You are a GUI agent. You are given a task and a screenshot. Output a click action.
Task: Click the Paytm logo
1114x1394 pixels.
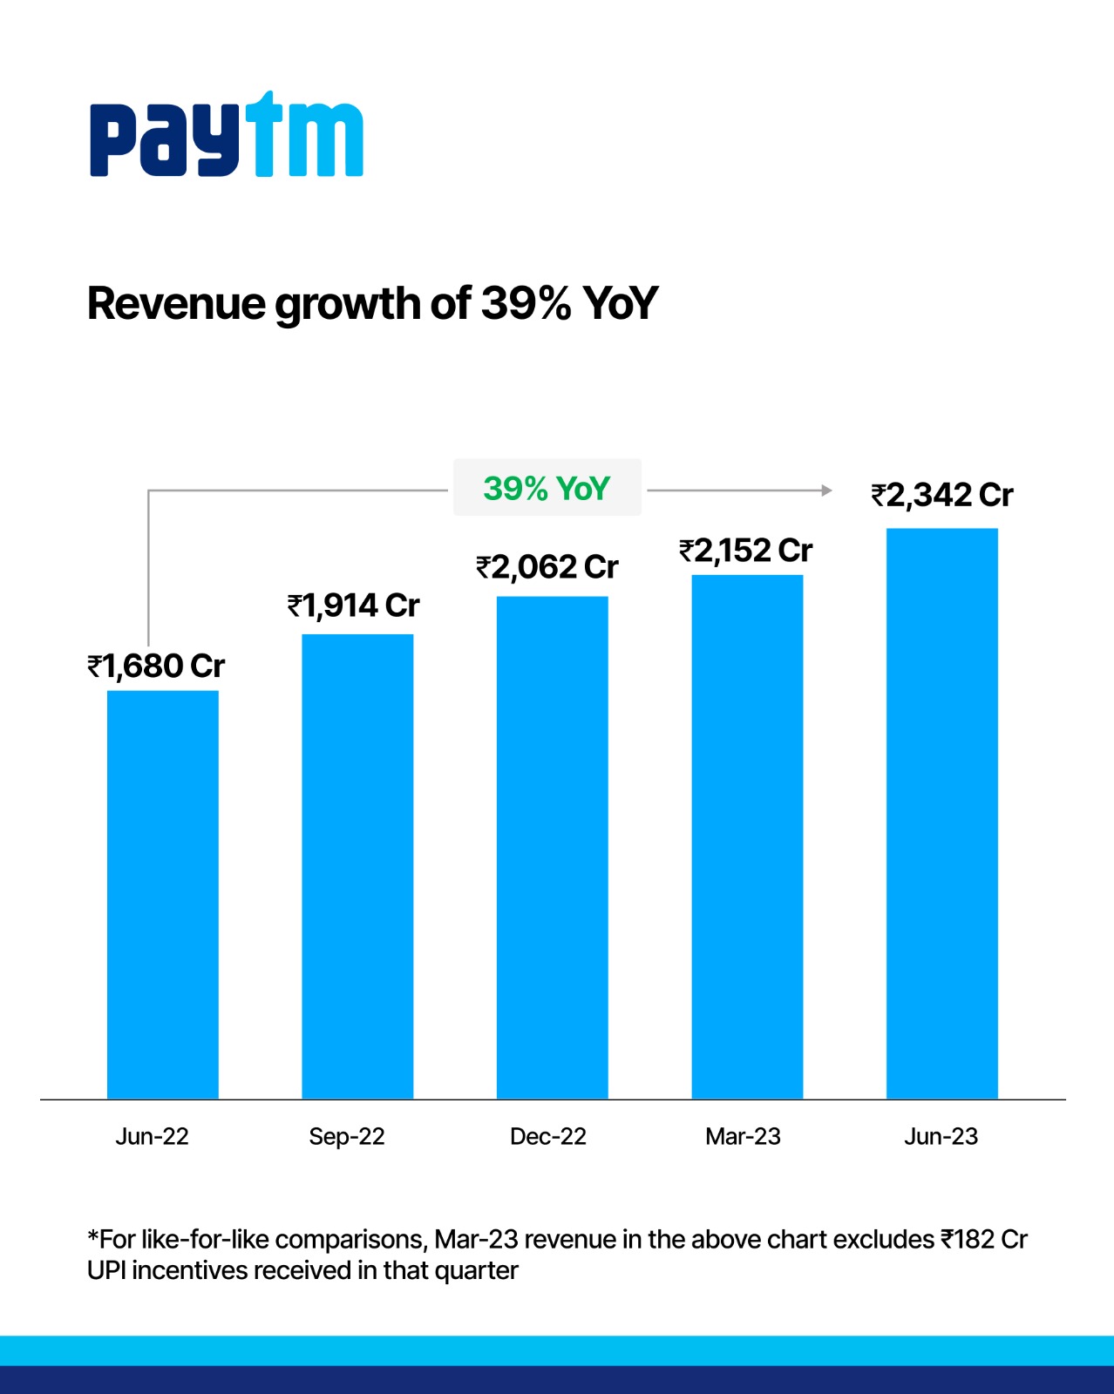[226, 135]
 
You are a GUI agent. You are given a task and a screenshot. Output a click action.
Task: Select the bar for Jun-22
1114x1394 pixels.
[162, 894]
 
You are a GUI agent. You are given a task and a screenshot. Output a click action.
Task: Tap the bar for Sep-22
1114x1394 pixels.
[357, 866]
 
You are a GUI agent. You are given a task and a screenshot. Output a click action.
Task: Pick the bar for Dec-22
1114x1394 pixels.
[552, 847]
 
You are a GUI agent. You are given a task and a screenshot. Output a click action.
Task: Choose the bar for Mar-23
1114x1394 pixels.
[747, 836]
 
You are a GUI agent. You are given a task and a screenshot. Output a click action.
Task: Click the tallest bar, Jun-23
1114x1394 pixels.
[941, 813]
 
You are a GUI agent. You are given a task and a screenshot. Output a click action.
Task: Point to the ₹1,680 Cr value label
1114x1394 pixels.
[156, 667]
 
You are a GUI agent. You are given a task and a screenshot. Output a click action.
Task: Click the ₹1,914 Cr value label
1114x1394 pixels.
[354, 606]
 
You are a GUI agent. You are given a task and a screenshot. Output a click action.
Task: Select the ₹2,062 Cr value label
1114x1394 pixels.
[547, 567]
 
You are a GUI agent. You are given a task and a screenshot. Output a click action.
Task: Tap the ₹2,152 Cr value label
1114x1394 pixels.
[746, 551]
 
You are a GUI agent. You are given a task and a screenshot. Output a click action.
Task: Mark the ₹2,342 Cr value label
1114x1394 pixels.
[942, 495]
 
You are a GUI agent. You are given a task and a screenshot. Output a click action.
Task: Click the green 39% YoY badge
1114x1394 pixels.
[547, 488]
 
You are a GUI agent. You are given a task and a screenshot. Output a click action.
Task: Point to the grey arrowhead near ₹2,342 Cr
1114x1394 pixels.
[826, 491]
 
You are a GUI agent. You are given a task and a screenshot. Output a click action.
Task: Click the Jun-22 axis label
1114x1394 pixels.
[152, 1136]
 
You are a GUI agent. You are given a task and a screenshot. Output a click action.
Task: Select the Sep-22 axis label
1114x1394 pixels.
[347, 1136]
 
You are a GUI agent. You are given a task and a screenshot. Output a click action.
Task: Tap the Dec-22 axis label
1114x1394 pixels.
[547, 1136]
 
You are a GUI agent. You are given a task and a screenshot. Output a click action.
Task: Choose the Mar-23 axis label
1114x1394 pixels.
[743, 1136]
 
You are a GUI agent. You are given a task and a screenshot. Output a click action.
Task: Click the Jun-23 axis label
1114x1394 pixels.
[941, 1136]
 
